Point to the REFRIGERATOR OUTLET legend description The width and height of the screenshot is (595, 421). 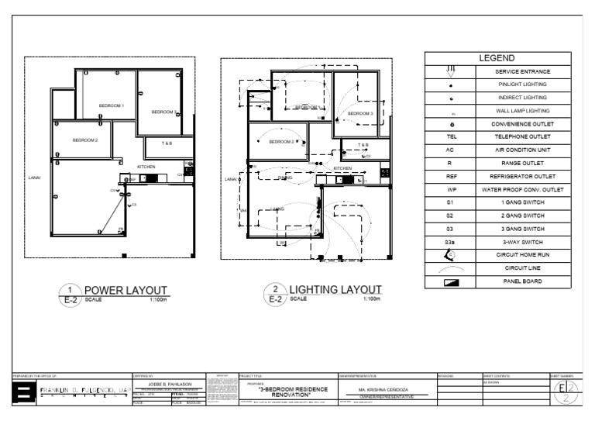click(x=521, y=177)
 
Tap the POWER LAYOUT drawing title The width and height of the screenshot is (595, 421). click(x=126, y=291)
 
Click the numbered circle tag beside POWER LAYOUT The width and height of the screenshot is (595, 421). click(x=71, y=289)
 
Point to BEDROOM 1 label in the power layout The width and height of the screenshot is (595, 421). click(x=111, y=105)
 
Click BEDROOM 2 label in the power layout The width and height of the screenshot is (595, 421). click(x=85, y=140)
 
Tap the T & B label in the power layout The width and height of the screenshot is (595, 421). click(x=167, y=144)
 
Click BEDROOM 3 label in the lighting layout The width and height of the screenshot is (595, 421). click(x=360, y=113)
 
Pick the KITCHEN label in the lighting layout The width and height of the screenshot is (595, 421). click(x=342, y=167)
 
